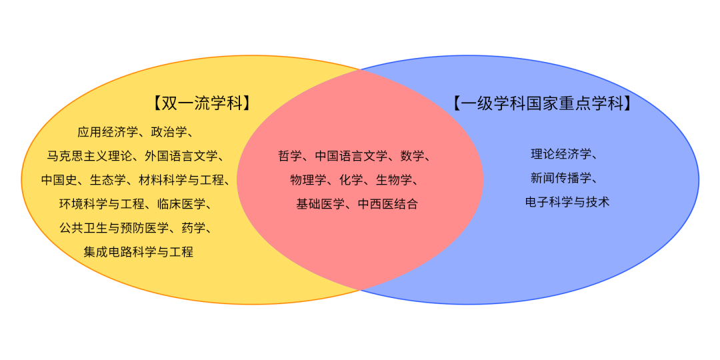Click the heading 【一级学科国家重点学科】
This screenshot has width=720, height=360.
541,103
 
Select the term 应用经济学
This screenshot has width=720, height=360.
107,132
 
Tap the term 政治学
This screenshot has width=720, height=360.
169,132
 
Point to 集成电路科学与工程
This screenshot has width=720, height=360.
139,252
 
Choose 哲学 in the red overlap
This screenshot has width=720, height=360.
290,156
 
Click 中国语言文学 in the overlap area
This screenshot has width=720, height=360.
351,156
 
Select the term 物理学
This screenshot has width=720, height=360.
309,180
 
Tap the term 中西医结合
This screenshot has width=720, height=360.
388,204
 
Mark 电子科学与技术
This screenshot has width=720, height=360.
567,202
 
